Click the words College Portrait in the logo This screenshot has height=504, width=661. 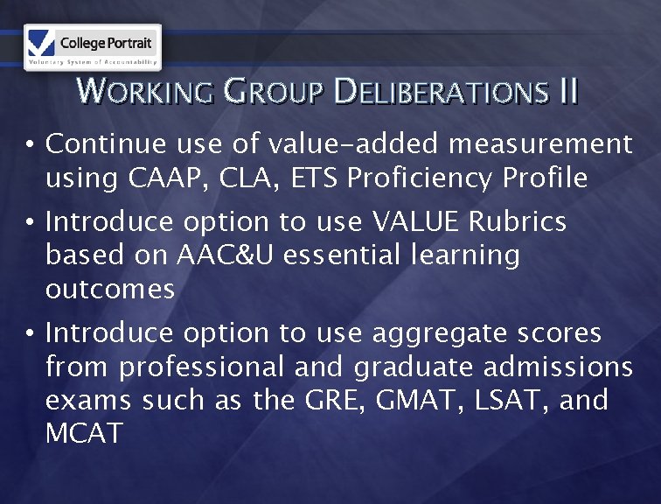pyautogui.click(x=107, y=43)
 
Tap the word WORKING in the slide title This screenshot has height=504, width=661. pyautogui.click(x=145, y=91)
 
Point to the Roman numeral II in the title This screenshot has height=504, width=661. pyautogui.click(x=567, y=91)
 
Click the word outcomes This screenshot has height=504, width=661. pyautogui.click(x=109, y=289)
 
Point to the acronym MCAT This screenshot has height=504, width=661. pyautogui.click(x=85, y=433)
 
